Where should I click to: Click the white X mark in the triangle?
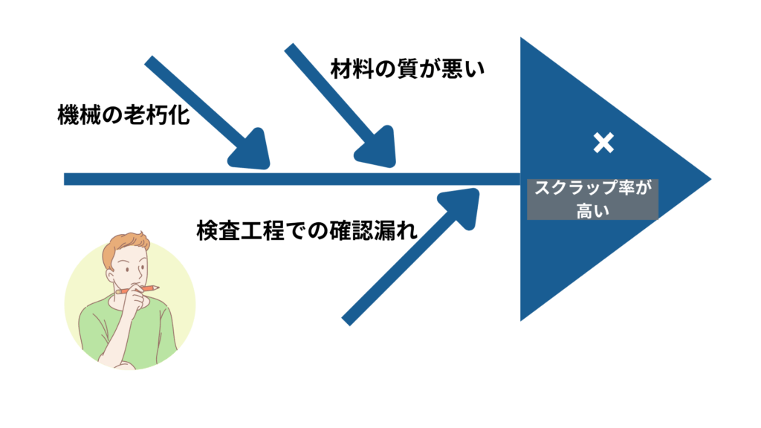pos(603,143)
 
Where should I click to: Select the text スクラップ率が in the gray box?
pos(592,189)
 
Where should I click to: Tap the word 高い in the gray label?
pos(592,210)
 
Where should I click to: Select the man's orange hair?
pos(127,244)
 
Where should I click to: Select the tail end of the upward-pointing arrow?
pos(346,321)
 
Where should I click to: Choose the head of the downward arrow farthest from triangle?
pos(251,152)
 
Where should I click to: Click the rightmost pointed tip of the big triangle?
pos(710,179)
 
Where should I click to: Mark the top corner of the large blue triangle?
pos(522,39)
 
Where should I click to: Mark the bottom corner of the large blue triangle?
pos(522,319)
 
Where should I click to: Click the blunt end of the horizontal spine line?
pos(65,179)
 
